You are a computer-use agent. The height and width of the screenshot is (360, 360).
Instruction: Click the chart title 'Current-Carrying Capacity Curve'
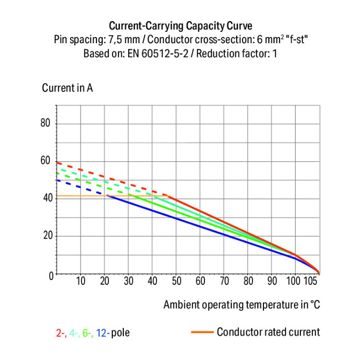(x=180, y=25)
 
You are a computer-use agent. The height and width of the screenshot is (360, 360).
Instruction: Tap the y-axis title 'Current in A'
(x=67, y=88)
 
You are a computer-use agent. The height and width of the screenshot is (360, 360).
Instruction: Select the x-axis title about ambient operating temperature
(x=241, y=304)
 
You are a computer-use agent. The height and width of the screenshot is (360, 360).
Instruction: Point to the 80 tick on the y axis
(x=46, y=124)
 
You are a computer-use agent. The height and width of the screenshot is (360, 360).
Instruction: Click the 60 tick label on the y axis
(x=46, y=161)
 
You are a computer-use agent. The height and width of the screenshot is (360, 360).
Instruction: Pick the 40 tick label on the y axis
(x=46, y=198)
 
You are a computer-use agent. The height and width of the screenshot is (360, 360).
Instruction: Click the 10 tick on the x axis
(x=80, y=281)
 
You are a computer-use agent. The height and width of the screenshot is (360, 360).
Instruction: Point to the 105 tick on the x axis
(x=312, y=281)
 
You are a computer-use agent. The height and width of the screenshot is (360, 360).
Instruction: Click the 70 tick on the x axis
(x=224, y=281)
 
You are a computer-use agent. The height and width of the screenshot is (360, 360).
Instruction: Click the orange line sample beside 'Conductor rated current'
(x=202, y=332)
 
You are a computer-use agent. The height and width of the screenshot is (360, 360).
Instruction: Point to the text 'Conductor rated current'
(x=268, y=332)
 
